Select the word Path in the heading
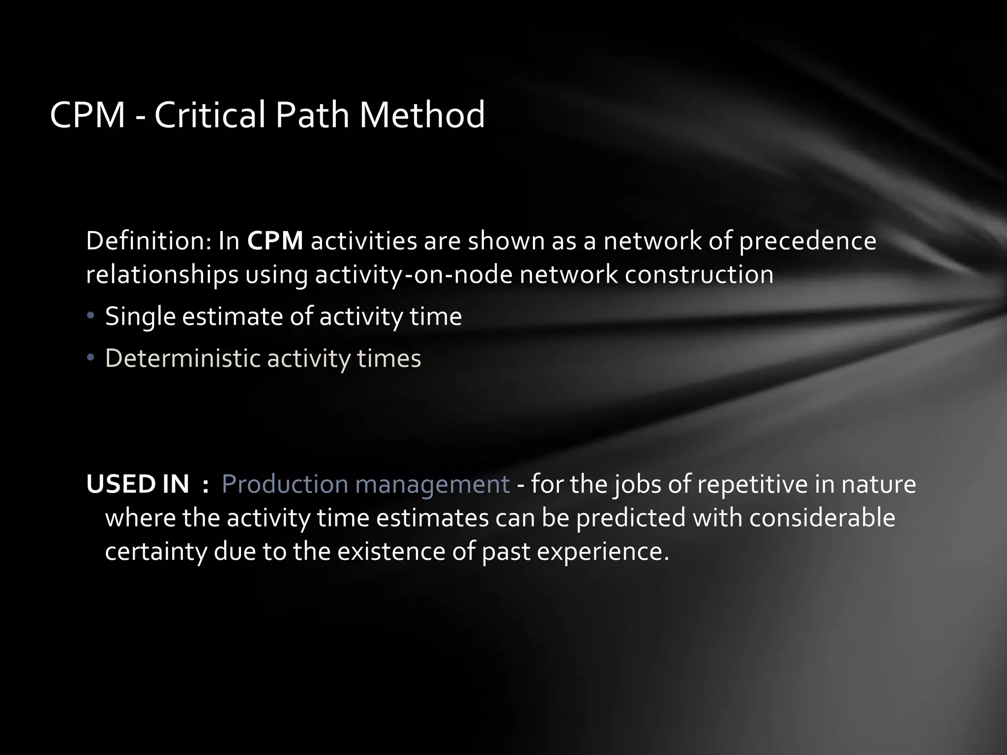(x=312, y=115)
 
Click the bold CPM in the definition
(x=275, y=241)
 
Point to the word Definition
(x=148, y=241)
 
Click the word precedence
(x=807, y=241)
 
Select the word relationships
(x=162, y=274)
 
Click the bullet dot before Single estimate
(x=90, y=316)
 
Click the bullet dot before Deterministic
(x=90, y=357)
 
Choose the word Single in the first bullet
(x=140, y=317)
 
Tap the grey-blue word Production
(x=285, y=484)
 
